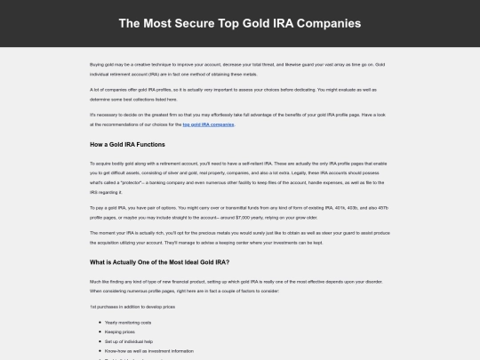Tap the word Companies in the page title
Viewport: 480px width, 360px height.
pos(323,22)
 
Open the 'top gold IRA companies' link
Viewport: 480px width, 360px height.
pos(209,125)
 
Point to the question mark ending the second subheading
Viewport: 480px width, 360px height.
pos(228,262)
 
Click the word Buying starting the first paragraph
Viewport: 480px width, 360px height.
pos(97,65)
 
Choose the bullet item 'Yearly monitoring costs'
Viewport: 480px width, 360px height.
pos(128,322)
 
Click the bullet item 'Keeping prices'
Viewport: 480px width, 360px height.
pos(119,332)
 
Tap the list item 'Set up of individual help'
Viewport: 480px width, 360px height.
pos(129,340)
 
